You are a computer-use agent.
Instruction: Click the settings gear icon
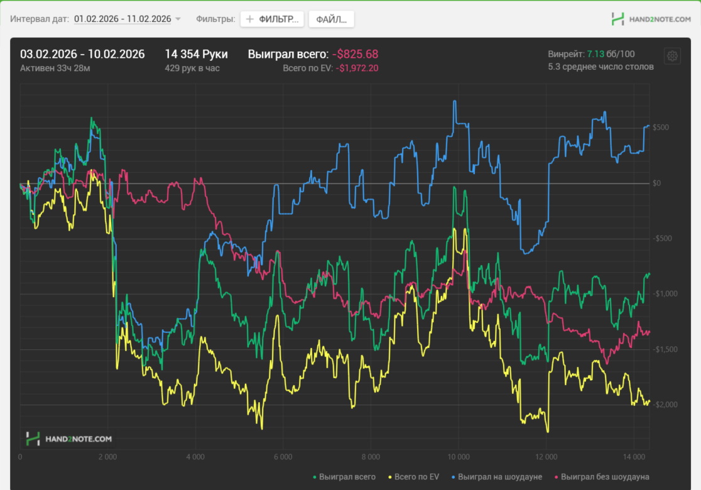(672, 56)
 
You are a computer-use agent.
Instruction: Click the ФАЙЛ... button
(331, 19)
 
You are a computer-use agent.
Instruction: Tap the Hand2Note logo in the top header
(651, 19)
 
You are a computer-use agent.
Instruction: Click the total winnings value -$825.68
(355, 54)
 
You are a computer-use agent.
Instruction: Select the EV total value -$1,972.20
(357, 68)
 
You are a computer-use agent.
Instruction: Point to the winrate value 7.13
(594, 54)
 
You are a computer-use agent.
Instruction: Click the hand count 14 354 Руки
(196, 54)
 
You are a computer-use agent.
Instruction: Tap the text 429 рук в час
(192, 68)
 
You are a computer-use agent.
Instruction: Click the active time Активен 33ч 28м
(55, 68)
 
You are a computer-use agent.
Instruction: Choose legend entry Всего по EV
(416, 477)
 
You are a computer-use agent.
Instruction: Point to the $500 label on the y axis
(660, 128)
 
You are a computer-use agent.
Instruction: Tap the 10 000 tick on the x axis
(459, 457)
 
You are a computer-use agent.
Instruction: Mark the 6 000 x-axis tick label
(283, 457)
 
